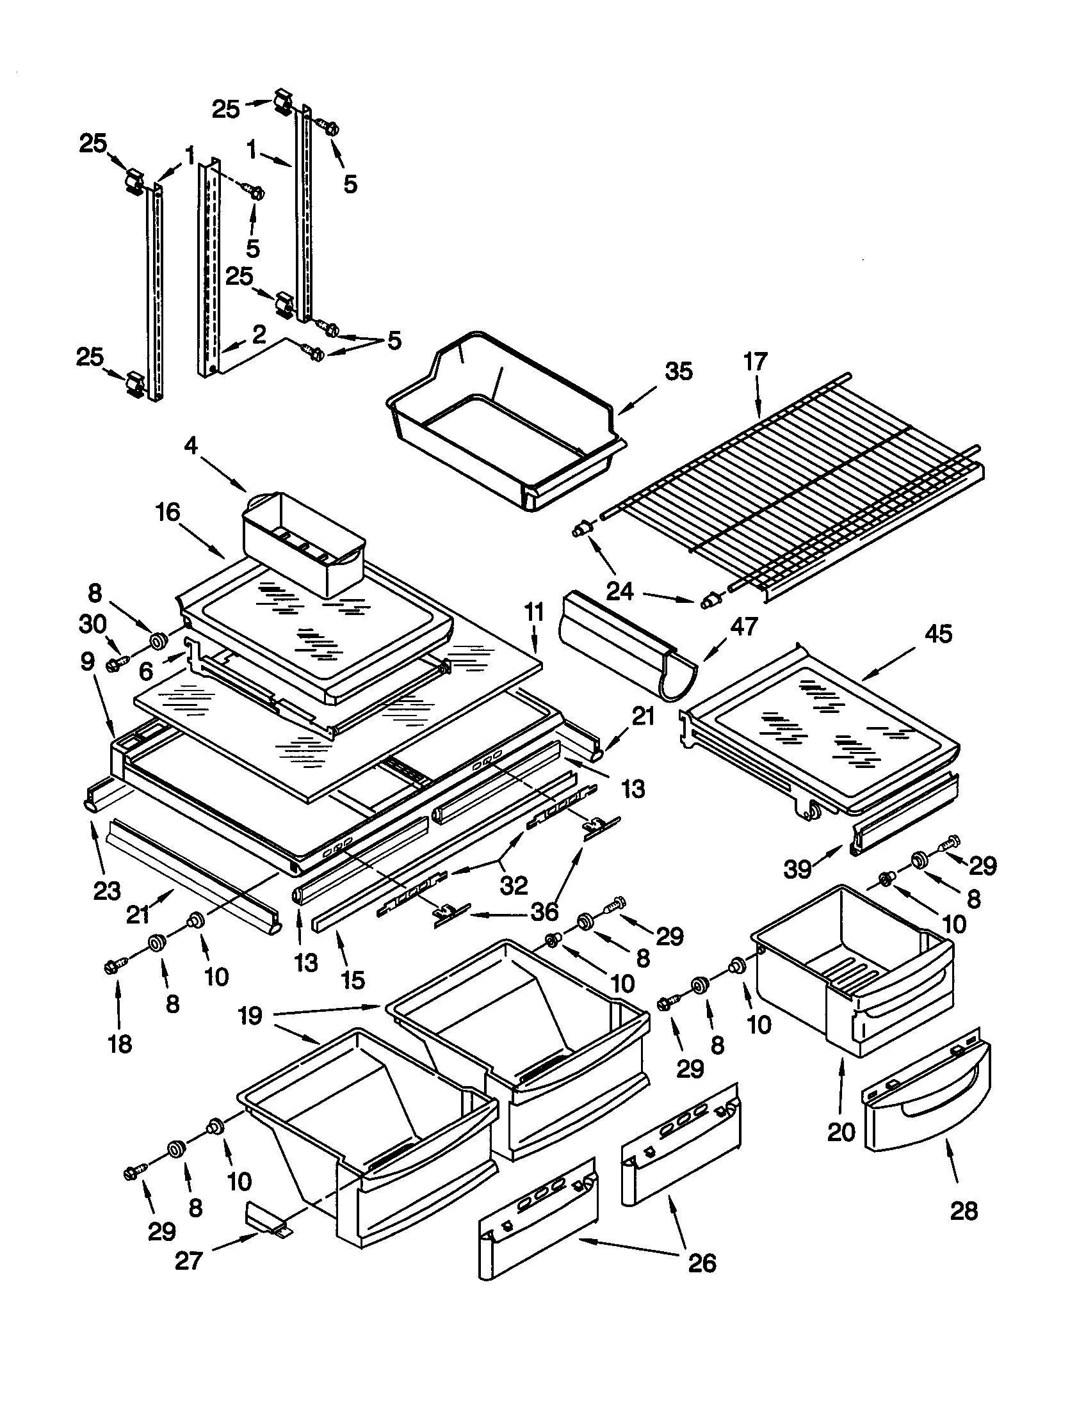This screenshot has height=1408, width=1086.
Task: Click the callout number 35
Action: click(x=678, y=372)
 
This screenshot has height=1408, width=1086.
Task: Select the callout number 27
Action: click(x=189, y=1260)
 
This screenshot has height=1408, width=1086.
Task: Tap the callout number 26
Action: click(x=702, y=1263)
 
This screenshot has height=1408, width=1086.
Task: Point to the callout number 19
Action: click(x=250, y=1017)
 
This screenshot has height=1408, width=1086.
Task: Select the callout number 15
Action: click(x=353, y=980)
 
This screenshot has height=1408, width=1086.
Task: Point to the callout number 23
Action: click(x=107, y=891)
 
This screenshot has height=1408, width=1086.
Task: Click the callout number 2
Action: click(x=259, y=334)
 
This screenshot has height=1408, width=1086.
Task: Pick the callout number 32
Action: click(x=514, y=885)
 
